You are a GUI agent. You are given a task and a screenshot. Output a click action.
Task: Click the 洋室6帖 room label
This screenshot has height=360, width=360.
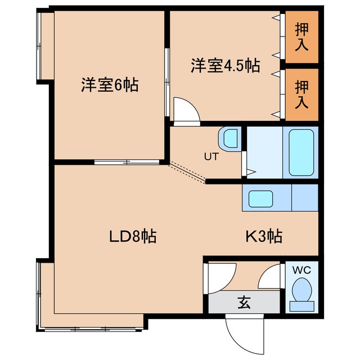point(109,85)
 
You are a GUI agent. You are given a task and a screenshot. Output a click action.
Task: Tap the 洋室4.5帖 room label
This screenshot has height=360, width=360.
point(224,66)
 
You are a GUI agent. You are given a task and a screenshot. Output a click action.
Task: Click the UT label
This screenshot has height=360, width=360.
point(210,157)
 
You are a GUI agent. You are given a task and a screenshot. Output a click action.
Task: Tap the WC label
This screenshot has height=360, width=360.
point(301,270)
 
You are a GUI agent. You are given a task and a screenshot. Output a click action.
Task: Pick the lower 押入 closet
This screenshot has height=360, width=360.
point(302,94)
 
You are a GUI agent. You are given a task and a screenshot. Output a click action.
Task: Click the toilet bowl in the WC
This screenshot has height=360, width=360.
point(301,292)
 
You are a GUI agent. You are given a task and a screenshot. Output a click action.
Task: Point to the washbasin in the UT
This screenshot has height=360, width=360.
point(230,138)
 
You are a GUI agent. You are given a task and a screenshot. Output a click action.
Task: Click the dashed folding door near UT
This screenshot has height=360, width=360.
point(187,172)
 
